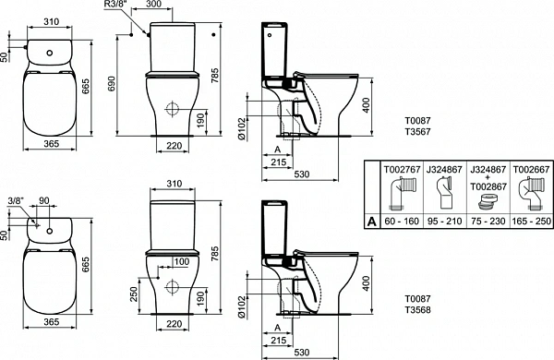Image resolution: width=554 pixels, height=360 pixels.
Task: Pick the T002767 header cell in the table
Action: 401,169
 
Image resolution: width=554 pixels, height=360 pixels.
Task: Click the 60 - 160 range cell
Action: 401,222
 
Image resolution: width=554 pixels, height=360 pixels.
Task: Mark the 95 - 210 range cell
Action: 443,222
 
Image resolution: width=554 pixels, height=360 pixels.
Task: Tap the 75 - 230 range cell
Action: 487,222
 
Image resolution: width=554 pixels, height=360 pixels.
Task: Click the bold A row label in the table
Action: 372,222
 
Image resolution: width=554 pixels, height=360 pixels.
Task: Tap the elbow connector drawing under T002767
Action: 401,197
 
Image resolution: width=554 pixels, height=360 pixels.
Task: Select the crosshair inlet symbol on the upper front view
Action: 170,109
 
